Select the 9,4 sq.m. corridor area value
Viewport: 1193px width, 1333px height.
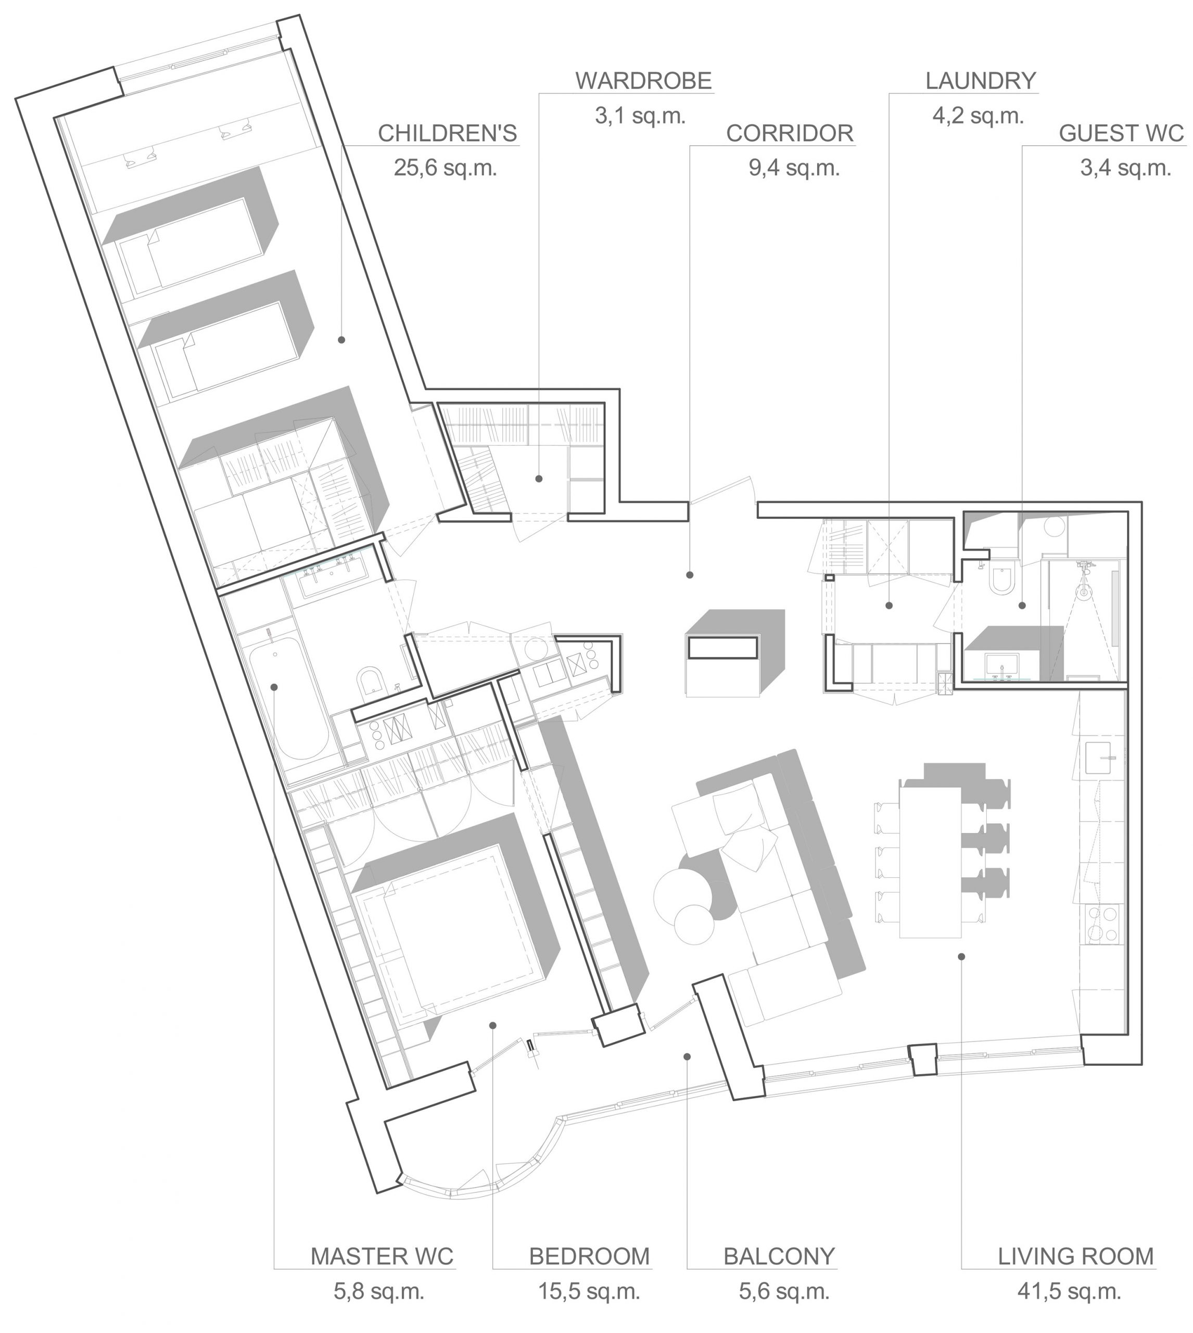(794, 169)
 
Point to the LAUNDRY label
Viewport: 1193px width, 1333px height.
(981, 81)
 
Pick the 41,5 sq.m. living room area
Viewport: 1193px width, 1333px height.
(1069, 1292)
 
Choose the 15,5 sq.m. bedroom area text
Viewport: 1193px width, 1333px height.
(589, 1292)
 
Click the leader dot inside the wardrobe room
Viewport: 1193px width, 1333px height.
(539, 479)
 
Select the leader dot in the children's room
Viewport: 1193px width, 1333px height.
(341, 339)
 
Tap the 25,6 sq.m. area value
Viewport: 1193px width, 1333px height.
(446, 169)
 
